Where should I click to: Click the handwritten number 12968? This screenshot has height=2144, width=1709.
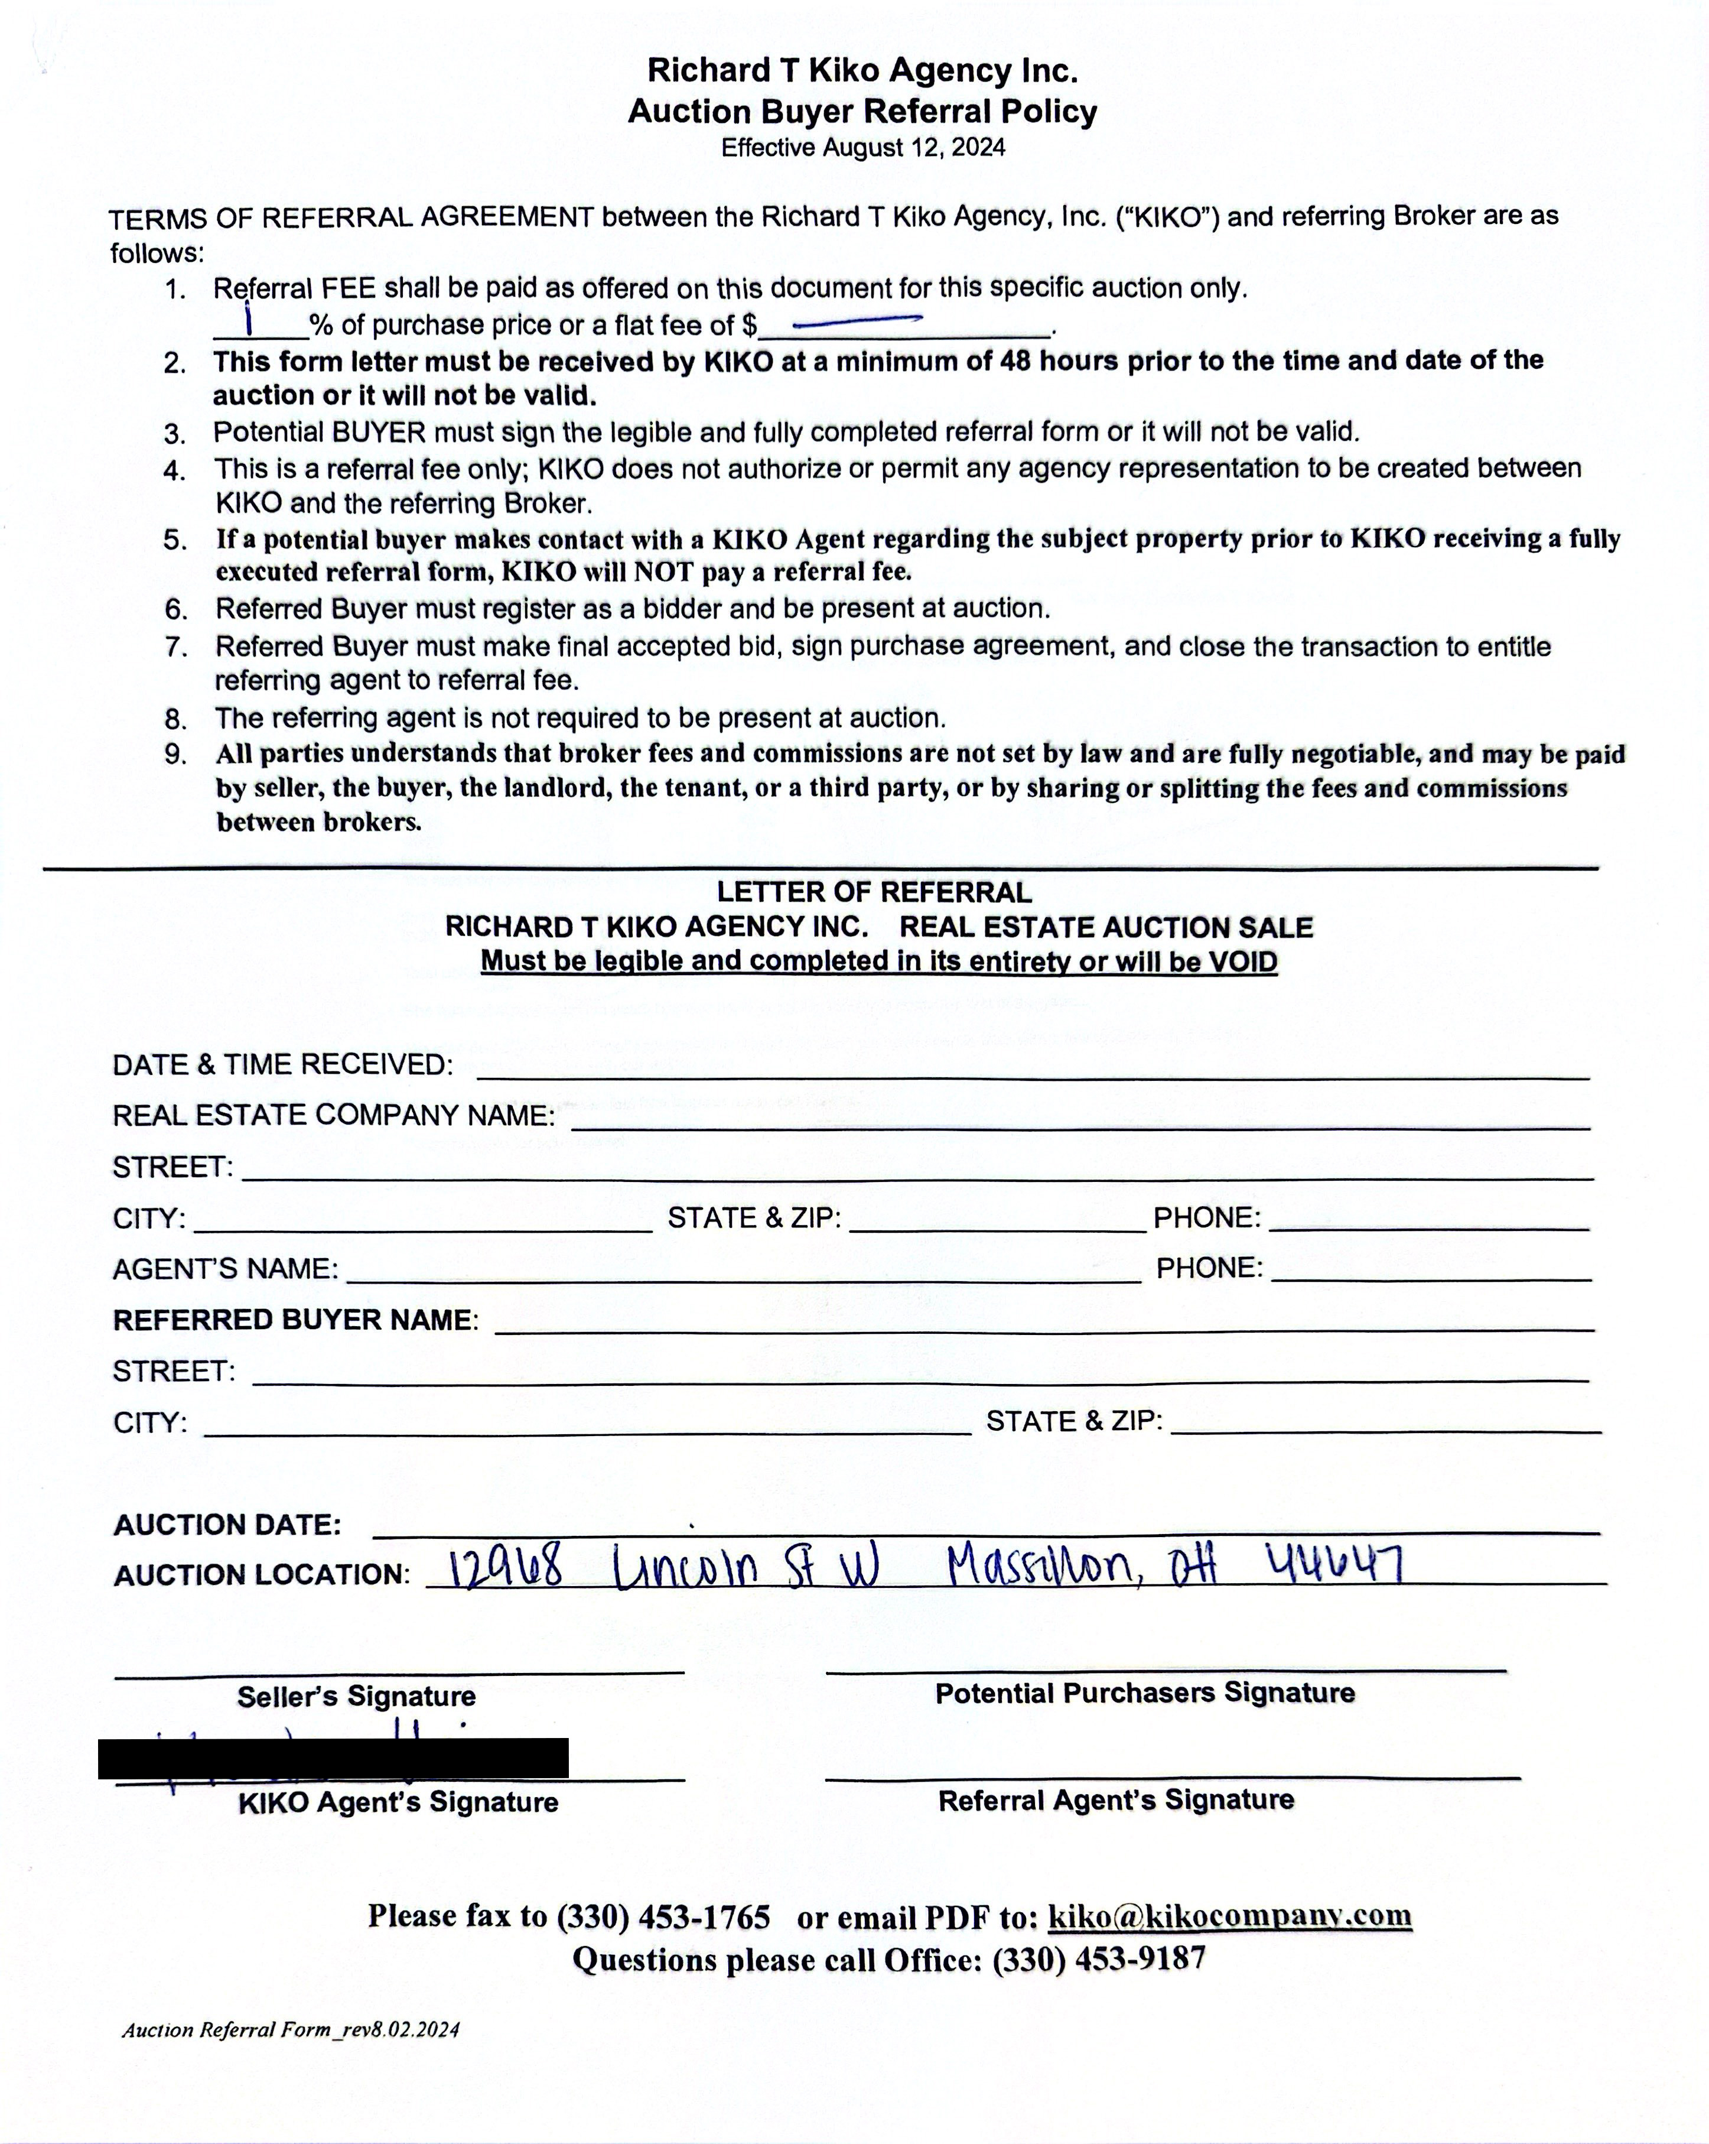(506, 1568)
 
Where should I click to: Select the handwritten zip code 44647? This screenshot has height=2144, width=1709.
(1334, 1563)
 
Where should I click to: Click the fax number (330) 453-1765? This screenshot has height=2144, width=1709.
(663, 1916)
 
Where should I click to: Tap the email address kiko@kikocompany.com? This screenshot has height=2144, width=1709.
(1230, 1915)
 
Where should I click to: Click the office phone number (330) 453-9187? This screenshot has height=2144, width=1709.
(1099, 1959)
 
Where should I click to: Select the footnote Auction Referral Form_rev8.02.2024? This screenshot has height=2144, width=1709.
(291, 2029)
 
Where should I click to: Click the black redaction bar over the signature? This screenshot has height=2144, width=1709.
(333, 1758)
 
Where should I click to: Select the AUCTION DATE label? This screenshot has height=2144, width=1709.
(227, 1525)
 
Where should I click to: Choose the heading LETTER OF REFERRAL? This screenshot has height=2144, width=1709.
(874, 892)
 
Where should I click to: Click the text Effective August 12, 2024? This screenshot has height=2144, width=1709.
(863, 148)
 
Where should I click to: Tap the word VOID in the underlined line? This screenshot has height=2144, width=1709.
(1243, 961)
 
